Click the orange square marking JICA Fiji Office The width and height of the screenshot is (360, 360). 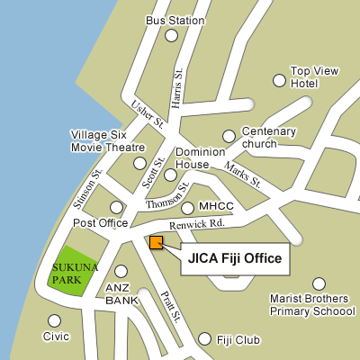157,241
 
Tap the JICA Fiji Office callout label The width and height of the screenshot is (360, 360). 235,259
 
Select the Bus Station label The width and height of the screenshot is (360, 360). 168,21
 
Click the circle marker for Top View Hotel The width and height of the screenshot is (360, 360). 278,79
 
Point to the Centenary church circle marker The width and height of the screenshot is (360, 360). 229,137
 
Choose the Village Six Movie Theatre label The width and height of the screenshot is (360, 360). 107,141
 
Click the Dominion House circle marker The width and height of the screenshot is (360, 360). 171,175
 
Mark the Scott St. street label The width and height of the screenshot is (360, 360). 148,172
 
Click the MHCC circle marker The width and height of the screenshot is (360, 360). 188,207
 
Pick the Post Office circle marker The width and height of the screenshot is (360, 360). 116,208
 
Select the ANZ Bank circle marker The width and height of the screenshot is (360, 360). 121,271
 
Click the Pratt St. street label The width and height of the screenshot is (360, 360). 171,307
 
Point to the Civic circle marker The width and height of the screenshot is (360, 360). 55,320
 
